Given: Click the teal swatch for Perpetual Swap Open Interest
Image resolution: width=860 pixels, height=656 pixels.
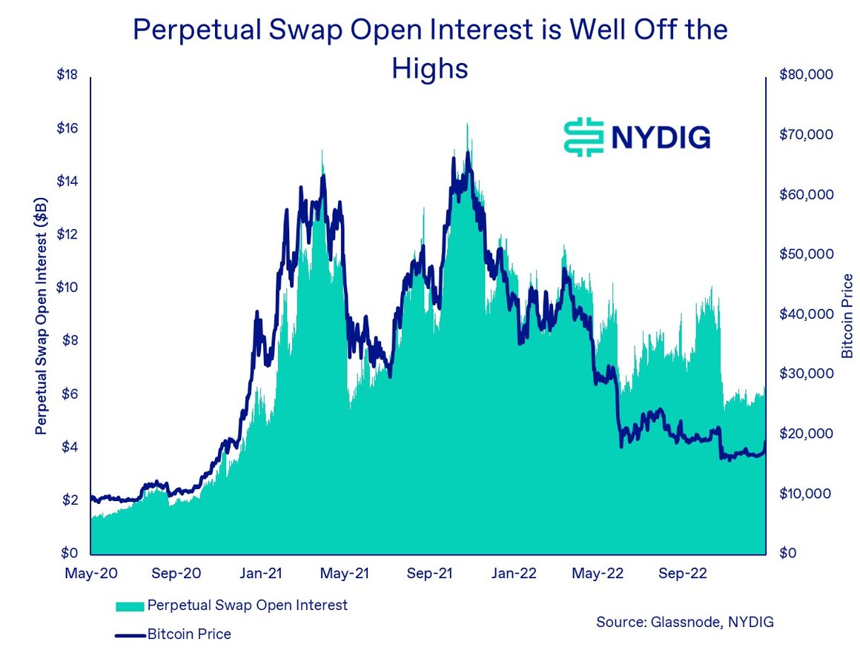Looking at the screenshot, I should pyautogui.click(x=130, y=606).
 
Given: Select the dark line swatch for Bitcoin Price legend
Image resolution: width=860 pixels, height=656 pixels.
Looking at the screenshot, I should pyautogui.click(x=130, y=635).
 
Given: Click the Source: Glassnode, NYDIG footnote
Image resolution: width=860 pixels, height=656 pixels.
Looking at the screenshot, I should pyautogui.click(x=684, y=622).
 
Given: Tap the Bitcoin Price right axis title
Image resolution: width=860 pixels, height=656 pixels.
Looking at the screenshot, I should pyautogui.click(x=847, y=317).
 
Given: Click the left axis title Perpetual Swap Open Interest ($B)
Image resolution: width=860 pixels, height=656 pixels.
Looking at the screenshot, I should pyautogui.click(x=42, y=315).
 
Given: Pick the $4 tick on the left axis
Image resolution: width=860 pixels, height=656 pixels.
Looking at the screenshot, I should pyautogui.click(x=69, y=448).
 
